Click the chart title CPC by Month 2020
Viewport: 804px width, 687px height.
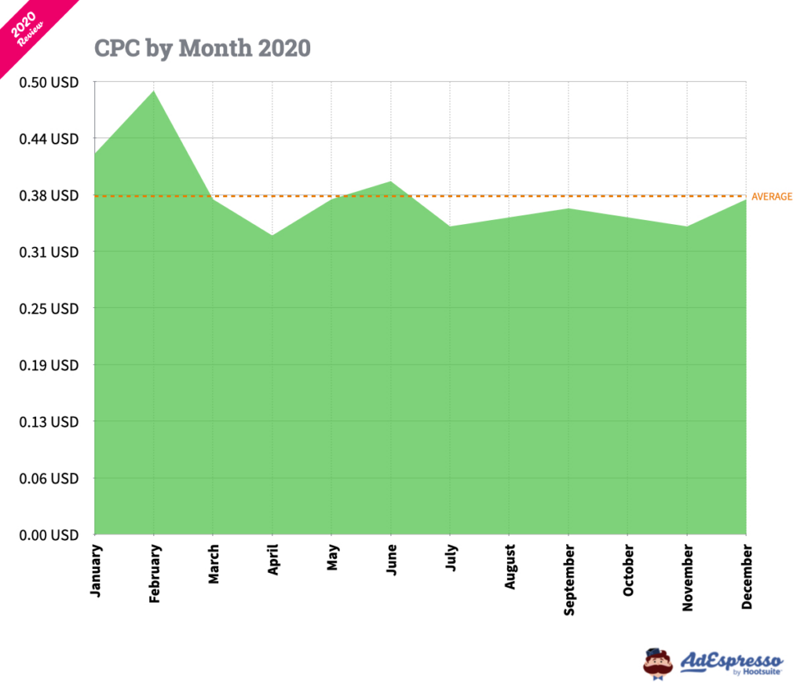[x=202, y=48]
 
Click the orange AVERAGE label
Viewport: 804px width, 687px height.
[x=772, y=197]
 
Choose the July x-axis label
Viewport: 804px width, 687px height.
[x=451, y=559]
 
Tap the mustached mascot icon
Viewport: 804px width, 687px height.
[x=658, y=663]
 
